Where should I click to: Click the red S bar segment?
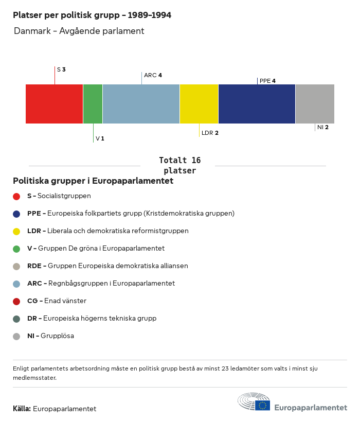(54, 104)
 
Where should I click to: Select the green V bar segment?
(93, 104)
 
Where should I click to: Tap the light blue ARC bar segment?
(141, 104)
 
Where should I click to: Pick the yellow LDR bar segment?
(199, 104)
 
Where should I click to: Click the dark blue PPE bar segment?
(257, 104)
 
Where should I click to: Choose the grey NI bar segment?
(315, 104)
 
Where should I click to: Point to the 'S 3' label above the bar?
(61, 69)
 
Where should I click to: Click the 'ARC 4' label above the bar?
(153, 75)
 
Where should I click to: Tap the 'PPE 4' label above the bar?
(267, 81)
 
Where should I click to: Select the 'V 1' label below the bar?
(100, 139)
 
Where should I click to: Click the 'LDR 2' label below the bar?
(210, 133)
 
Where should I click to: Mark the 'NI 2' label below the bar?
(323, 127)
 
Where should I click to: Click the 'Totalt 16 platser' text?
(179, 165)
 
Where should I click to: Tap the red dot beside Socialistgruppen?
(16, 196)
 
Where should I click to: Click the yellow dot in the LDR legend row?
(16, 231)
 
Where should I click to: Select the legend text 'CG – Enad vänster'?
(57, 301)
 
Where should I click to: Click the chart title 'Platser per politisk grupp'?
(92, 15)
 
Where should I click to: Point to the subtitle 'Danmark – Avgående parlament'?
(79, 31)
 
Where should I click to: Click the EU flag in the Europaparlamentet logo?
(262, 406)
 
